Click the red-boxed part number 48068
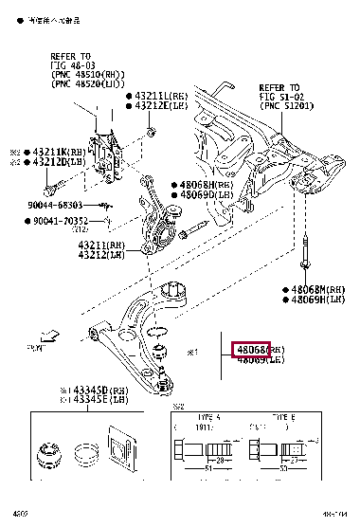pyautogui.click(x=251, y=349)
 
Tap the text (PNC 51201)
pyautogui.click(x=290, y=104)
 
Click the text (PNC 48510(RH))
pyautogui.click(x=85, y=74)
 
